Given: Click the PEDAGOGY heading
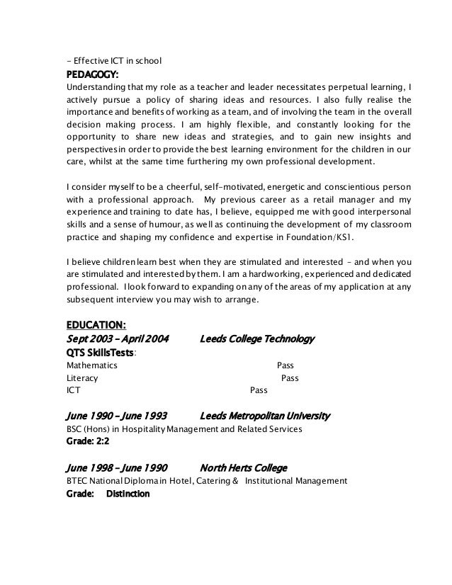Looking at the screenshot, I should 92,74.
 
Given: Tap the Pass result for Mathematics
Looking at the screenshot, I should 285,365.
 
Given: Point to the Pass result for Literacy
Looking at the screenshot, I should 290,378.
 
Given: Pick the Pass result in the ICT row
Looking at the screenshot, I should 259,390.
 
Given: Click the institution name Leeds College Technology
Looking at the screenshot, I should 258,339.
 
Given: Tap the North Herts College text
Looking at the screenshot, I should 244,467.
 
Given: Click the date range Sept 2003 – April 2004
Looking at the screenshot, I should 117,339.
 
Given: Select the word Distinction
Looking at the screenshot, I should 128,494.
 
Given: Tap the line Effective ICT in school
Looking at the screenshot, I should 113,59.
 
